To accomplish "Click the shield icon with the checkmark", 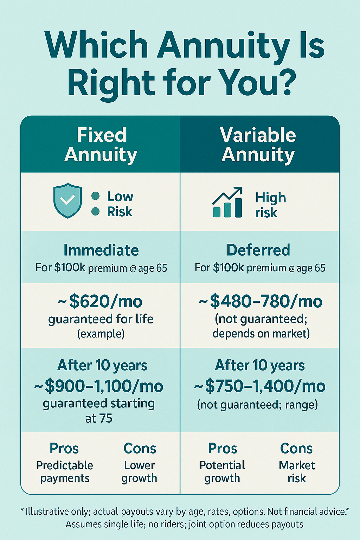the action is pos(67,200).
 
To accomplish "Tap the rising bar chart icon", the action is pos(227,202).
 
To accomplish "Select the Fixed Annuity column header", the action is pos(101,144).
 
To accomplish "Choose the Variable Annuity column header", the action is pos(258,144).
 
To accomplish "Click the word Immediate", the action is pos(101,250).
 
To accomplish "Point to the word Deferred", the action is pos(258,250).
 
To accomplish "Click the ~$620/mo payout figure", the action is pos(100,302).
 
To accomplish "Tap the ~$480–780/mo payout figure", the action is pos(261,302).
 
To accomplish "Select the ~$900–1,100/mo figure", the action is pos(99,386).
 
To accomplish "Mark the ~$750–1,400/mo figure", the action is pos(260,386).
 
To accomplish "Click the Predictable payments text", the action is pos(65,472).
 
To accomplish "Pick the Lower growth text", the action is pos(139,472).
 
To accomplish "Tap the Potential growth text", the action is pos(222,472).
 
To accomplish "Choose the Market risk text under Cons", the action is pos(297,472).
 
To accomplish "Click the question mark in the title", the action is pos(285,81).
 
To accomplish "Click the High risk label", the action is pos(271,205).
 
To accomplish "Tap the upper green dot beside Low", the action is pos(96,196).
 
